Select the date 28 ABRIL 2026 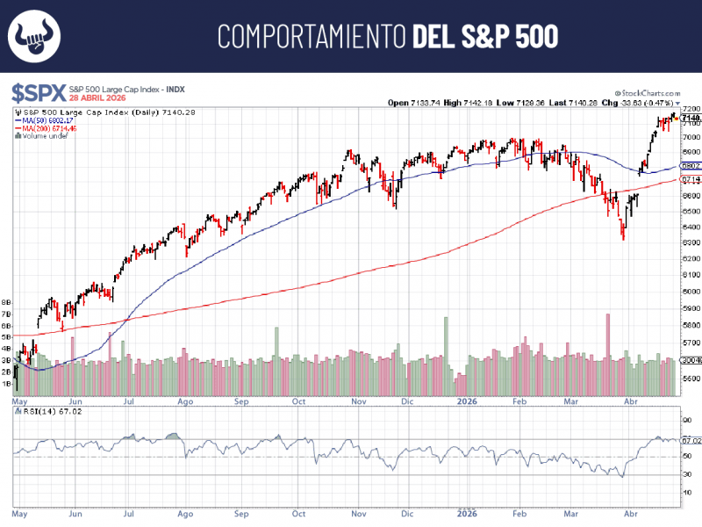(x=97, y=97)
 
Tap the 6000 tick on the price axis (x=690, y=292)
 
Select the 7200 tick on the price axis (x=690, y=108)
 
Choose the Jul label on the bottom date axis (x=129, y=511)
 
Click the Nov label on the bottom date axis (x=358, y=511)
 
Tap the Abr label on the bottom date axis (x=630, y=511)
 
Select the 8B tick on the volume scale (x=6, y=301)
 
